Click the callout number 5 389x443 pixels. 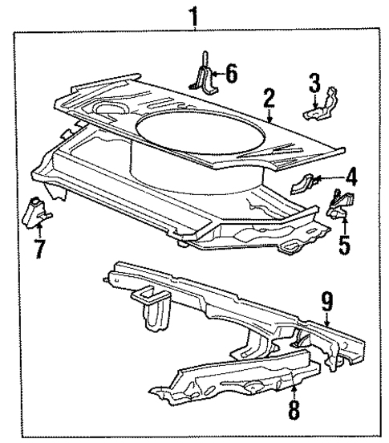(x=345, y=242)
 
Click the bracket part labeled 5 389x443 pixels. (x=341, y=205)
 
